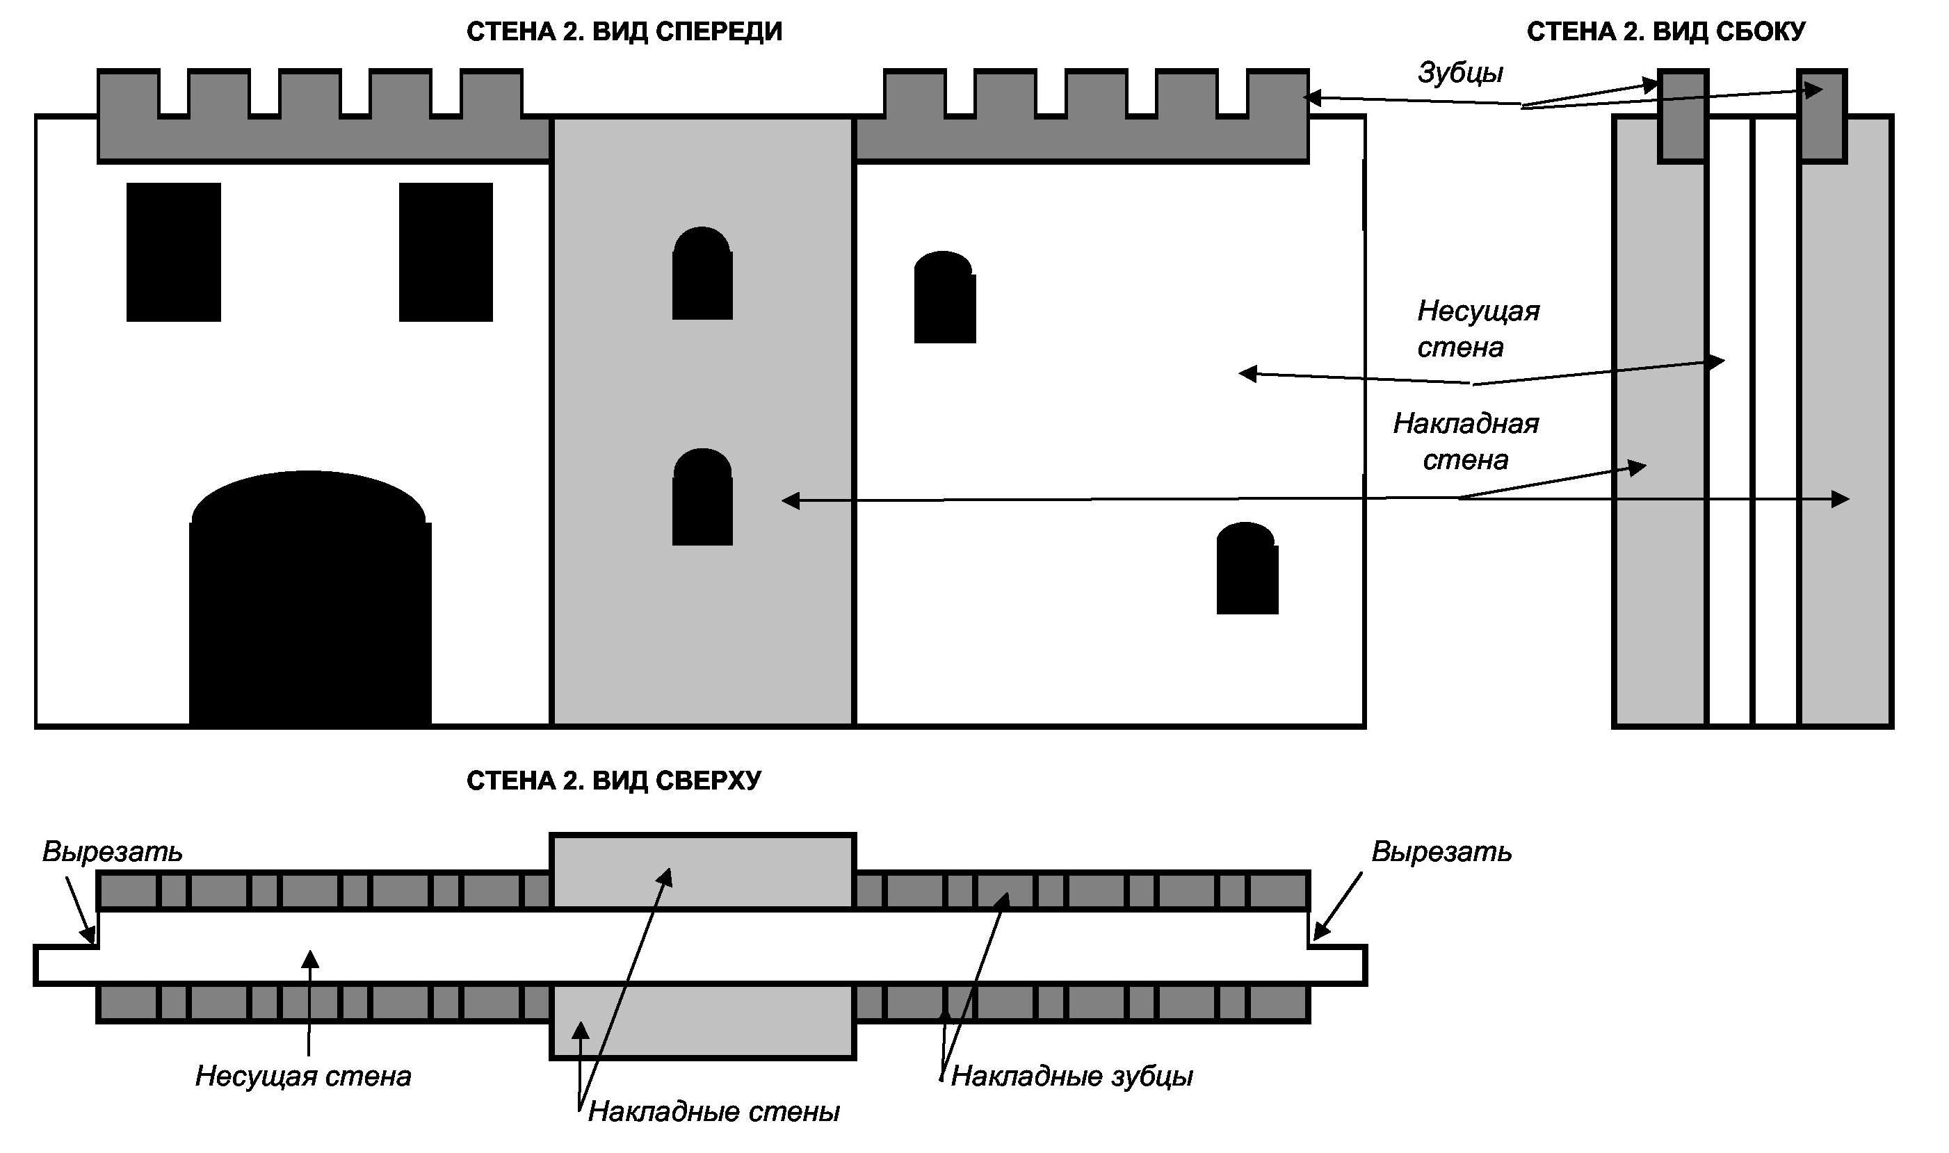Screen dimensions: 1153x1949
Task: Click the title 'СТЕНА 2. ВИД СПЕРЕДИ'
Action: [624, 32]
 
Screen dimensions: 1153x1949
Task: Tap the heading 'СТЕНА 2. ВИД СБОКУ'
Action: [1665, 32]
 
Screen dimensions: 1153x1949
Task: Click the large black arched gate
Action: [310, 606]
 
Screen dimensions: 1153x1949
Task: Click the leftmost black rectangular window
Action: [173, 252]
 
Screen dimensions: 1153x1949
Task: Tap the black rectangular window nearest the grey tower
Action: [445, 252]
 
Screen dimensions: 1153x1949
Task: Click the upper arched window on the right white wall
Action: [944, 298]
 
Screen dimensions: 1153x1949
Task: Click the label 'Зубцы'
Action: [1460, 72]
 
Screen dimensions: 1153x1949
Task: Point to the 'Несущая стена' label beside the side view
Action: [1478, 329]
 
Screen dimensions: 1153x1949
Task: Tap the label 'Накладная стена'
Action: [1465, 441]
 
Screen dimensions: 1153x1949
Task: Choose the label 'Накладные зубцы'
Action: [1071, 1076]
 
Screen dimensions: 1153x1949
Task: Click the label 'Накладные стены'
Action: [713, 1112]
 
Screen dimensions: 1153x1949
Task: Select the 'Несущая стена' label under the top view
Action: [303, 1076]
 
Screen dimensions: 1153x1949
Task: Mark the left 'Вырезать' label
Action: [113, 851]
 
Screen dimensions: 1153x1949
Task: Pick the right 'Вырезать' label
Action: [1441, 851]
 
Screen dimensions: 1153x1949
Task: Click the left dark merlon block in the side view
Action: [1683, 117]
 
